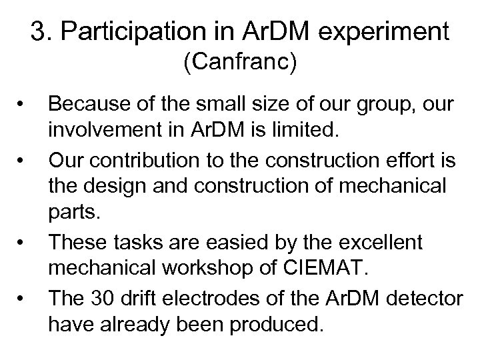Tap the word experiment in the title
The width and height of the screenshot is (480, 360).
[x=385, y=31]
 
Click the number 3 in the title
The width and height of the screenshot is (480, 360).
[x=38, y=31]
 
